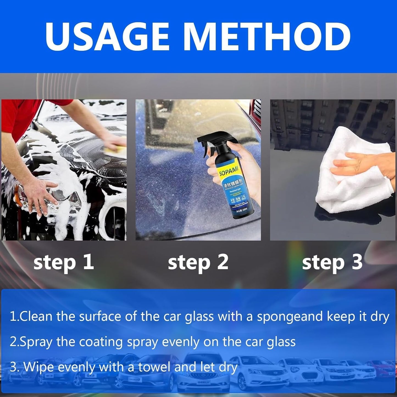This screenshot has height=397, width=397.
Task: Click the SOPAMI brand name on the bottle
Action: tap(228, 172)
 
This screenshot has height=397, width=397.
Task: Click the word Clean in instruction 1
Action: tap(36, 317)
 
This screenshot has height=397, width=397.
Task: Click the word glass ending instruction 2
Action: tap(281, 342)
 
